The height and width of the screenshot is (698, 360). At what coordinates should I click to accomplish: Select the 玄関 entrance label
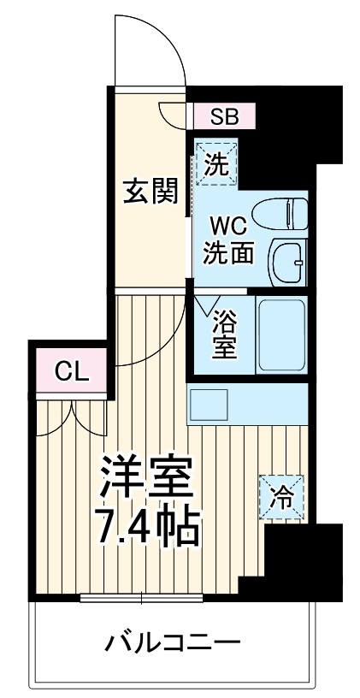(x=150, y=191)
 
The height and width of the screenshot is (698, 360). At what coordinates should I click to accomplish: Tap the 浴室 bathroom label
(x=226, y=334)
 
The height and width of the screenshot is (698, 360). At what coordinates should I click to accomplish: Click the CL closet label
(x=71, y=372)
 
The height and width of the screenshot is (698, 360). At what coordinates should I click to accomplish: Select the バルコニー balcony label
(x=173, y=641)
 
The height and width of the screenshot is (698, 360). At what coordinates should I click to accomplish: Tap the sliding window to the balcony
(x=142, y=597)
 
